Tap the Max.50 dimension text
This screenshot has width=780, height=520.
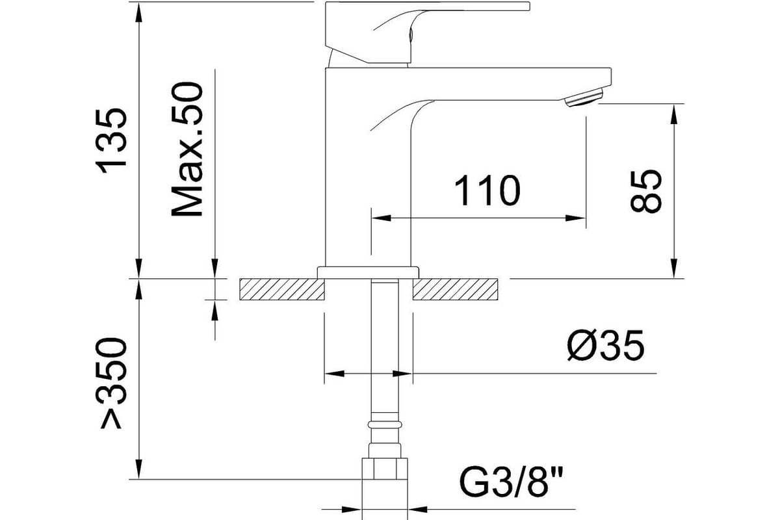[187, 149]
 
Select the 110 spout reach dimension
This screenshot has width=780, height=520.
[487, 190]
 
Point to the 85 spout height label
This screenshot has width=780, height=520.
[646, 191]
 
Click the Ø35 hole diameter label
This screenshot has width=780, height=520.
[606, 345]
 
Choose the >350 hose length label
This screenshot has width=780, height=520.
[111, 383]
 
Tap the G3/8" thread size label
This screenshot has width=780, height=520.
[510, 482]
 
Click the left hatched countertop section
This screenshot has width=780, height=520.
[281, 289]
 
